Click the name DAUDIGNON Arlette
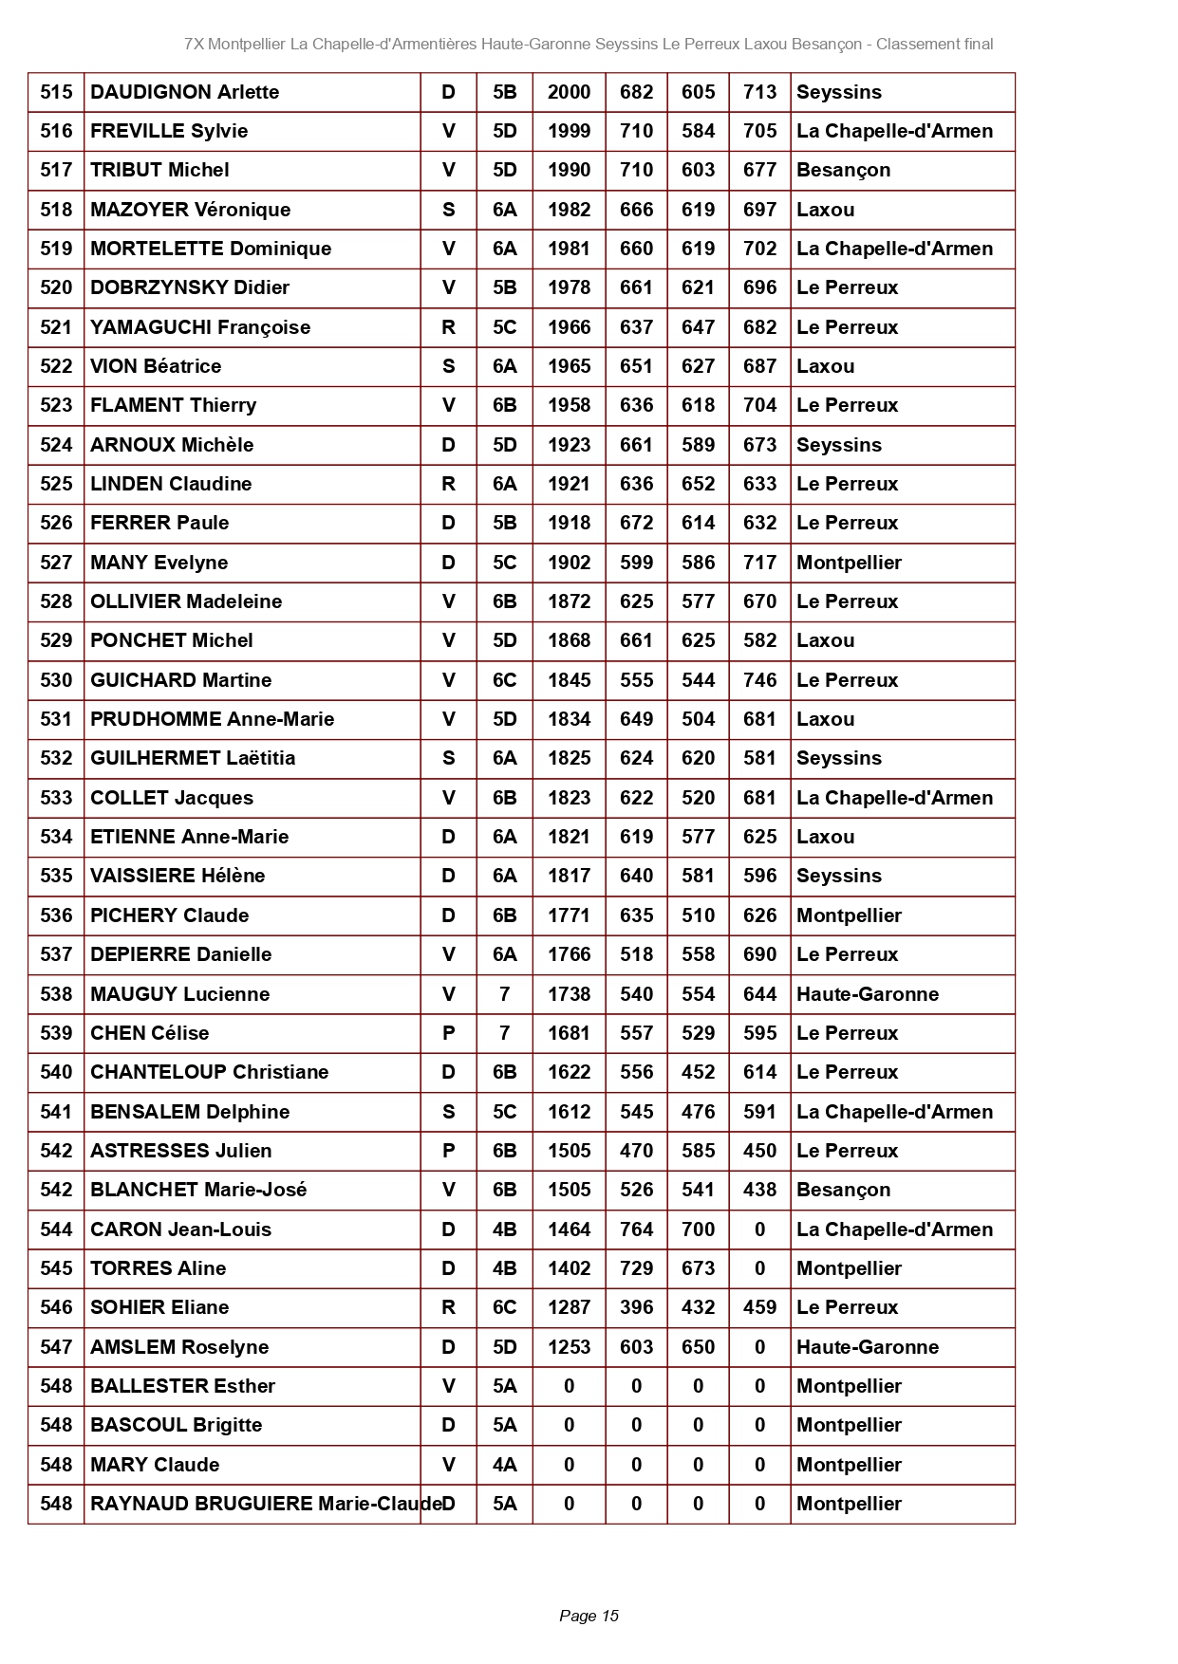pos(184,92)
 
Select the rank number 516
pos(56,131)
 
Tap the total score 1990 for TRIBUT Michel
pos(569,170)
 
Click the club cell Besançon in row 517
pos(843,170)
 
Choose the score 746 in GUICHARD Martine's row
pos(759,680)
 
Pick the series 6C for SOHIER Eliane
pos(504,1307)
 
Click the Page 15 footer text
pos(589,1616)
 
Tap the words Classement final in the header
pos(934,44)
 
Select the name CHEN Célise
pos(149,1033)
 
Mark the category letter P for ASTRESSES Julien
pos(448,1151)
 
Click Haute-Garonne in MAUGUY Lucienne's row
pos(868,994)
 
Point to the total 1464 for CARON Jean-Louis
pos(569,1230)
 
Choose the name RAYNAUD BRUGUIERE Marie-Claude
pos(266,1504)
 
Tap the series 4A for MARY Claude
pos(504,1465)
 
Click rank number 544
pos(56,1230)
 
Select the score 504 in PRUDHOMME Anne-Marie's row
pos(698,719)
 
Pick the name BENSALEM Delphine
pos(190,1112)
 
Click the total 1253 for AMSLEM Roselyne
pos(569,1347)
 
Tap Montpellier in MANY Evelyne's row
pos(849,563)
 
